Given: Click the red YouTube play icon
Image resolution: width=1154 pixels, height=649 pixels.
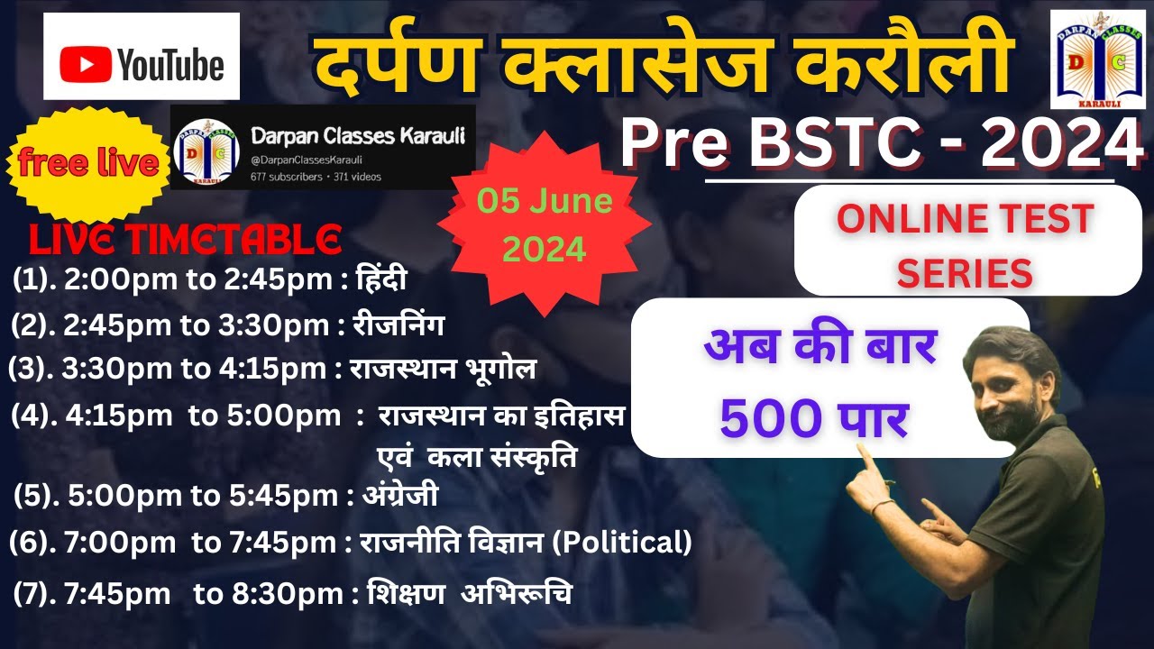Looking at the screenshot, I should coord(86,66).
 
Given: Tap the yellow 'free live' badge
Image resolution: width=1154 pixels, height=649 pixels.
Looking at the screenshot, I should coord(87,165).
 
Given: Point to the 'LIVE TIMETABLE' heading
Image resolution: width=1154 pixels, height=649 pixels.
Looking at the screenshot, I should coord(186,240).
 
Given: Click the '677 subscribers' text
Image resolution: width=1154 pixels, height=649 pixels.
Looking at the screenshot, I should coord(286,177).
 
